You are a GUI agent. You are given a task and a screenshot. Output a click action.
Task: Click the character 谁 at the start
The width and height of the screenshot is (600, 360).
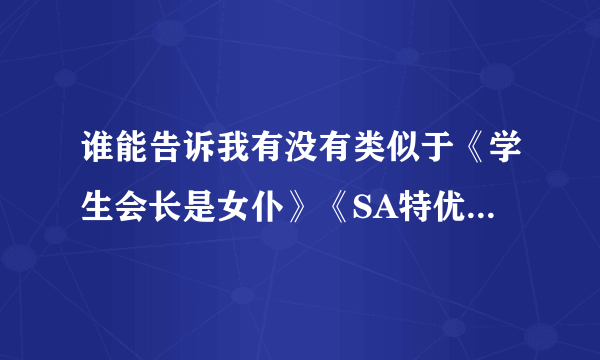click(97, 156)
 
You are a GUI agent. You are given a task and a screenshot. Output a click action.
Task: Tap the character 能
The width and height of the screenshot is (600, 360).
click(131, 156)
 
